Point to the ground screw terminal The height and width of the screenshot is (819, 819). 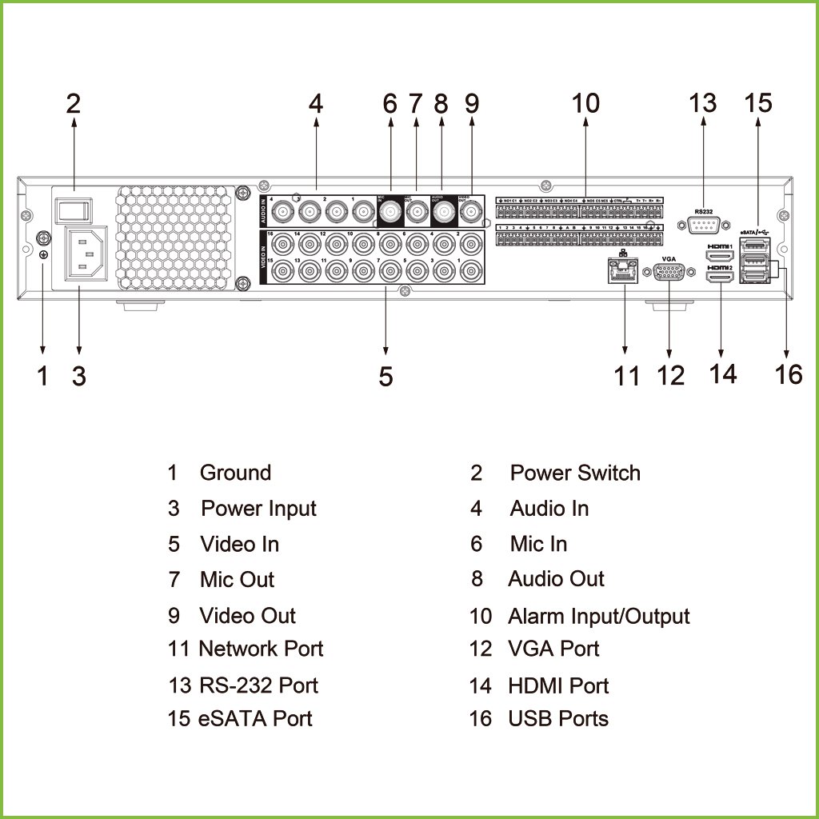click(x=43, y=238)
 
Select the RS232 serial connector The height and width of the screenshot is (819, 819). click(x=704, y=226)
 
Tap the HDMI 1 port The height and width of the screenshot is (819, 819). click(x=720, y=255)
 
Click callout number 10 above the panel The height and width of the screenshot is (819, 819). click(x=585, y=103)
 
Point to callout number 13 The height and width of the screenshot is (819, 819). click(x=704, y=103)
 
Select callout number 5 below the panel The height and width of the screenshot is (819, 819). click(x=386, y=376)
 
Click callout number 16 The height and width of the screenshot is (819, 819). click(x=789, y=374)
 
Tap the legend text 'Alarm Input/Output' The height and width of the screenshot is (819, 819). click(x=598, y=617)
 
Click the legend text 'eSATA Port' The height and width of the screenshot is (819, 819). click(x=254, y=718)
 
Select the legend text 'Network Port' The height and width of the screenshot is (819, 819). click(x=261, y=649)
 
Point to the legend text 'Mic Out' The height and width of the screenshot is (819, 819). click(x=237, y=580)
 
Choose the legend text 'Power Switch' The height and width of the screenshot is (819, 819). click(x=575, y=473)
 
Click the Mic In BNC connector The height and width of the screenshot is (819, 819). click(x=390, y=212)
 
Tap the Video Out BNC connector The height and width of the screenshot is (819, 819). click(x=470, y=213)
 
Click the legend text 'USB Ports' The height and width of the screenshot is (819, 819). click(x=558, y=718)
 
